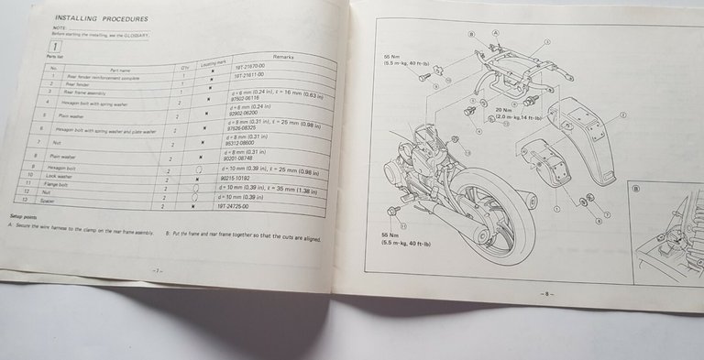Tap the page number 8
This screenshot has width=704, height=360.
pos(547,293)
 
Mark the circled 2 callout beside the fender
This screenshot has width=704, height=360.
pos(622,116)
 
